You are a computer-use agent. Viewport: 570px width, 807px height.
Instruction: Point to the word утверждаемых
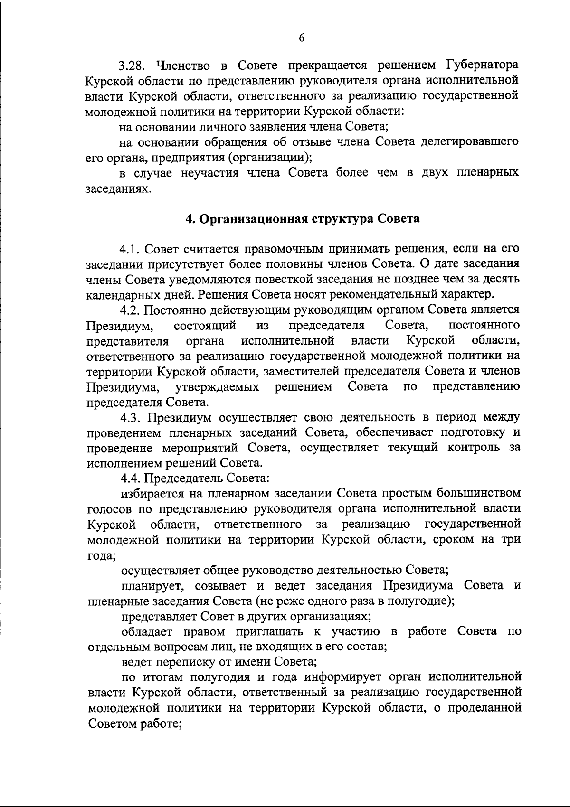tap(218, 387)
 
